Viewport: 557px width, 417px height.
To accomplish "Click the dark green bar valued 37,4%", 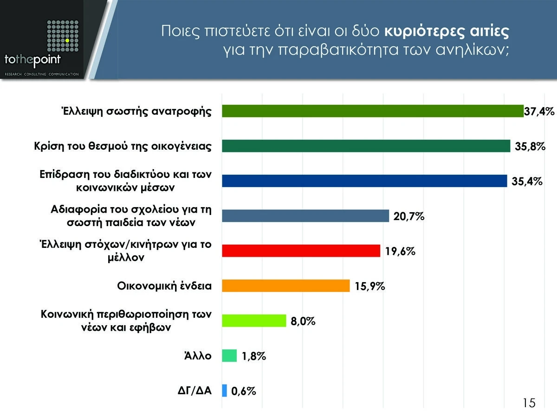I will [373, 111].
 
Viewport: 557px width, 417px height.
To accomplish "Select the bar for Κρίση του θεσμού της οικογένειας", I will [366, 146].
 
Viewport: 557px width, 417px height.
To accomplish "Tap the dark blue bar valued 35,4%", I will [364, 181].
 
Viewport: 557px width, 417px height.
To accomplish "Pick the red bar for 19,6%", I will [301, 251].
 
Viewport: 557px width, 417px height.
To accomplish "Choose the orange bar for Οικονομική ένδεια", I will [285, 285].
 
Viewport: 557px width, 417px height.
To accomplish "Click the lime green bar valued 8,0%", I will [254, 321].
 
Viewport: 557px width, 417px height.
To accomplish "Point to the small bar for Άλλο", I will [229, 356].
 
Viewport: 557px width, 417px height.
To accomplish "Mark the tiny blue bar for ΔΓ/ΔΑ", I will [225, 391].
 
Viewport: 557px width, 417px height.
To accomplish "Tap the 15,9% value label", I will [370, 286].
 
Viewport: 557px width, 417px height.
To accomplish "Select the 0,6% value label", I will [244, 392].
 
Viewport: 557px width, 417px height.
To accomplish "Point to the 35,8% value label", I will [530, 146].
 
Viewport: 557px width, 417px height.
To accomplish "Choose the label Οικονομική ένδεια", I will [164, 285].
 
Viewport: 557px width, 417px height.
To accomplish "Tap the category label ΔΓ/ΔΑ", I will [195, 391].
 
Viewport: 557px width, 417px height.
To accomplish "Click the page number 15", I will [528, 403].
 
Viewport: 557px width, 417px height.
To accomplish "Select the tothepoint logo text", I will [32, 60].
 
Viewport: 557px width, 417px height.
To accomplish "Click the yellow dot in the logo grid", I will [67, 41].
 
